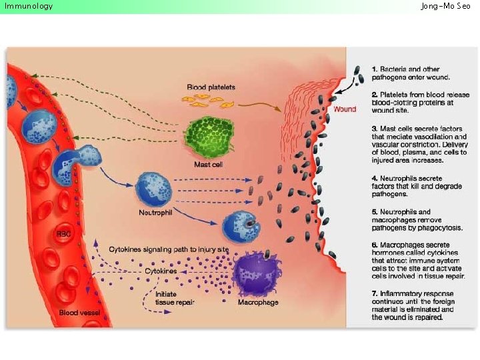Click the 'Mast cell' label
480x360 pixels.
coord(208,164)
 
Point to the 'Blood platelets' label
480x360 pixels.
coord(211,87)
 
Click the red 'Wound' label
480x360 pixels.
coord(345,109)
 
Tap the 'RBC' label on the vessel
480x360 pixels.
coord(63,234)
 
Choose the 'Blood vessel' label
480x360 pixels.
coord(79,312)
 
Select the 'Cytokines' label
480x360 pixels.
coord(161,271)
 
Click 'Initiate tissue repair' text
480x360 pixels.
coord(175,297)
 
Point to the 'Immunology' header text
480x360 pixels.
coord(29,6)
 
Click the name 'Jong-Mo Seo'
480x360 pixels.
coord(445,6)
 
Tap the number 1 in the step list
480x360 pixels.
coord(375,69)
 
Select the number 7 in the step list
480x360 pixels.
coord(375,294)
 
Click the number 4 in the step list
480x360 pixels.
coord(375,179)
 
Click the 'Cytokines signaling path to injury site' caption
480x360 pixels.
coord(169,249)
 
